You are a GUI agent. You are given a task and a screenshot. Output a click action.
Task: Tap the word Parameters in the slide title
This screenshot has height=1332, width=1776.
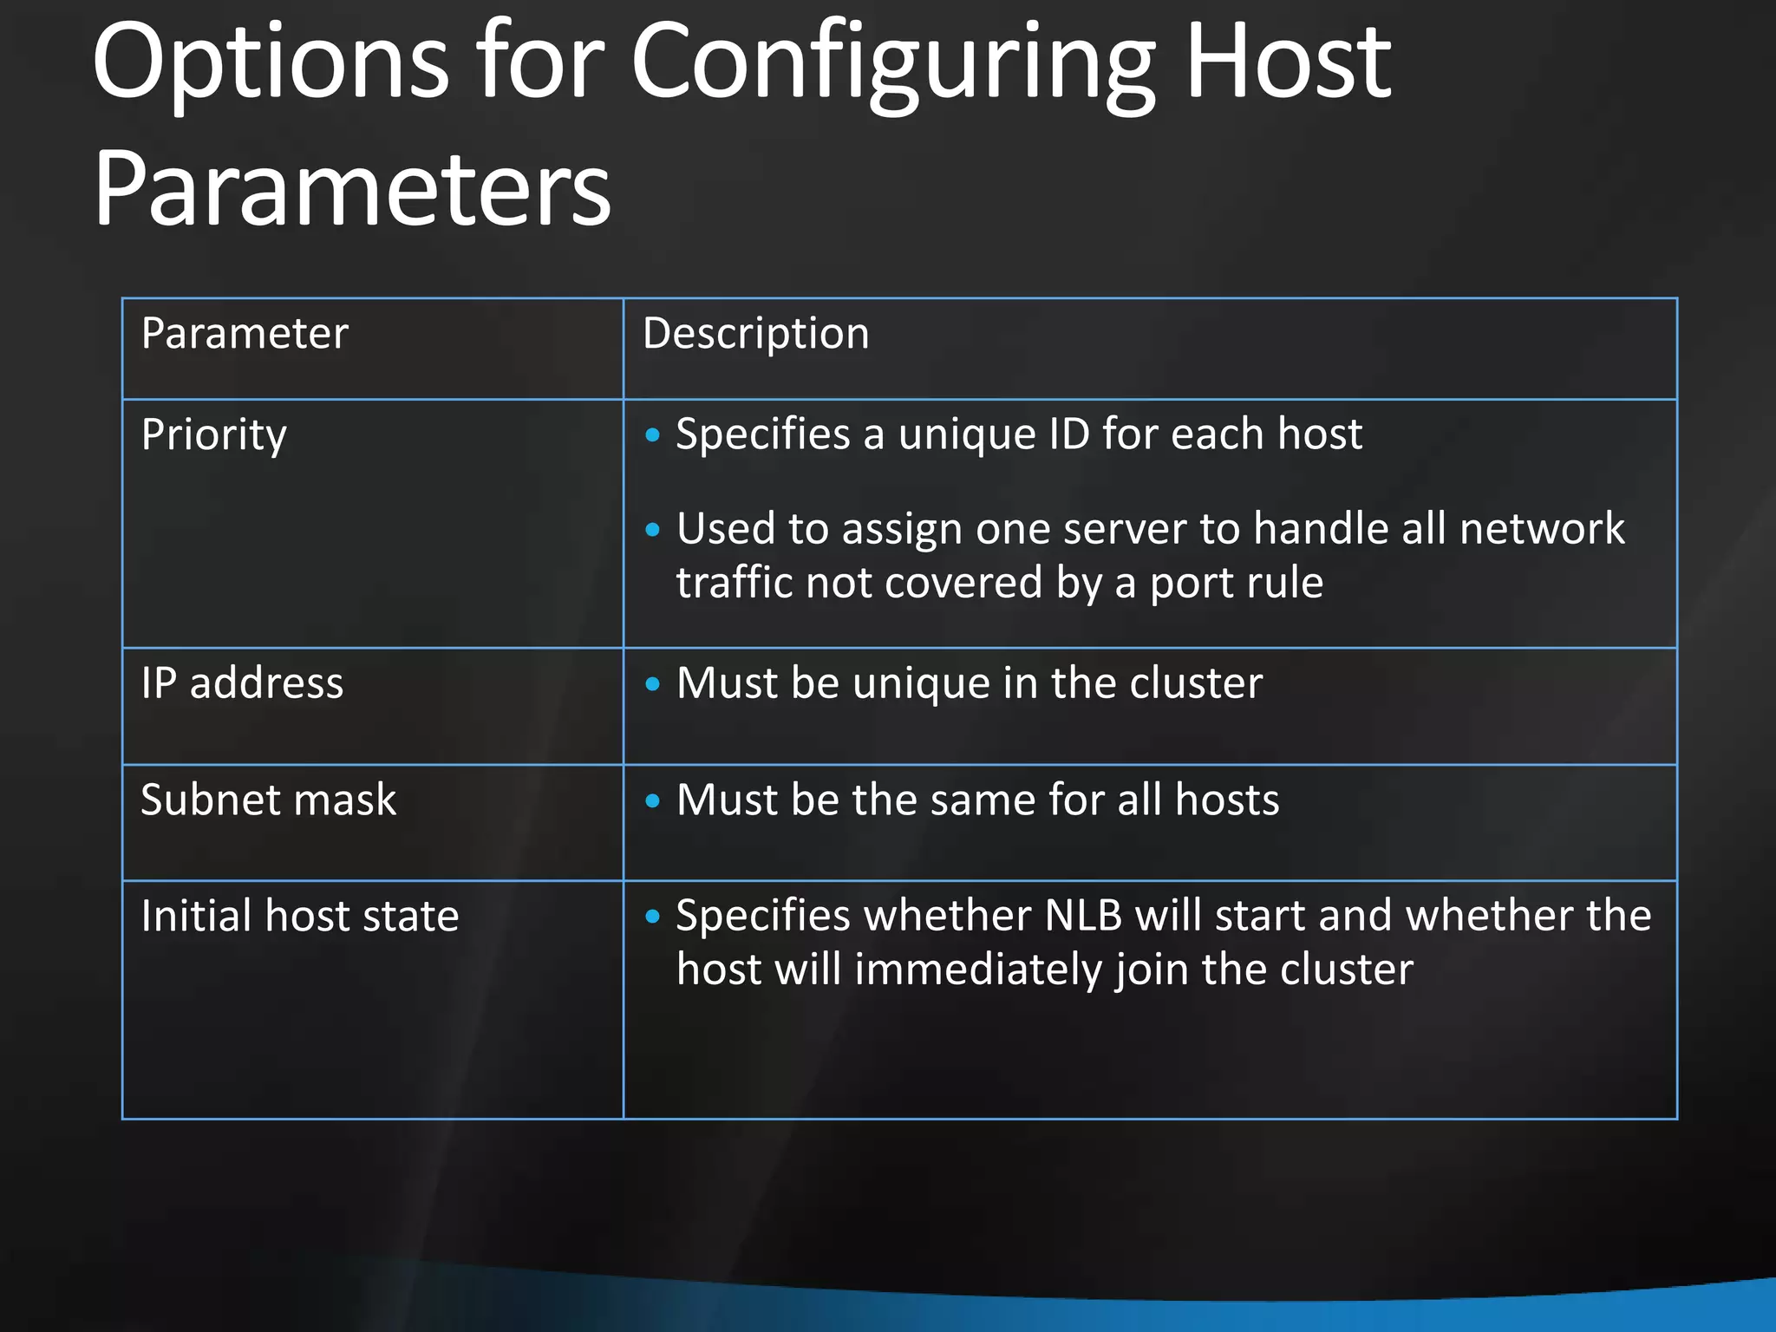coord(352,189)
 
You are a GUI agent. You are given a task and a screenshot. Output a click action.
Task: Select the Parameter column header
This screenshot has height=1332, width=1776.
coord(245,334)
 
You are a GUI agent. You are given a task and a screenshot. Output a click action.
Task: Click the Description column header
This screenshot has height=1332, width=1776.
coord(755,334)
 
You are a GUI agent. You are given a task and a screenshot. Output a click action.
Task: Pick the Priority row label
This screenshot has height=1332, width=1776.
coord(213,434)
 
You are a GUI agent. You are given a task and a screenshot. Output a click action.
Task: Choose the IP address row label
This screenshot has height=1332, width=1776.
coord(242,683)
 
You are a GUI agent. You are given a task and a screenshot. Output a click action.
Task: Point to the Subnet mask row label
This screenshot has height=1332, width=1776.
coord(268,800)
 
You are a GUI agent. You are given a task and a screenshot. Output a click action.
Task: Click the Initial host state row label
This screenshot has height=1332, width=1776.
coord(299,916)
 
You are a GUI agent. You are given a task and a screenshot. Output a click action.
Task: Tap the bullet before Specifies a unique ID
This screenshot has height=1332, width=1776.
coord(653,434)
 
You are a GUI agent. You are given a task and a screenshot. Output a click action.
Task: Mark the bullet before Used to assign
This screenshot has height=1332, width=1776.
coord(653,529)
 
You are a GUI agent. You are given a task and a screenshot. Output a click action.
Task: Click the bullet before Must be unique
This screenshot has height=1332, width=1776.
coord(653,684)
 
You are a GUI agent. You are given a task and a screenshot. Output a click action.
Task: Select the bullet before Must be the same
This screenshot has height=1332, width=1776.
coord(653,800)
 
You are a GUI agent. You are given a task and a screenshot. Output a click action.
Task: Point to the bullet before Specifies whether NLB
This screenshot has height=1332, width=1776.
coord(653,917)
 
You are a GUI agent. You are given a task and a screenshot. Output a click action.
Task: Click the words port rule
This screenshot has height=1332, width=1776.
coord(1237,583)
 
